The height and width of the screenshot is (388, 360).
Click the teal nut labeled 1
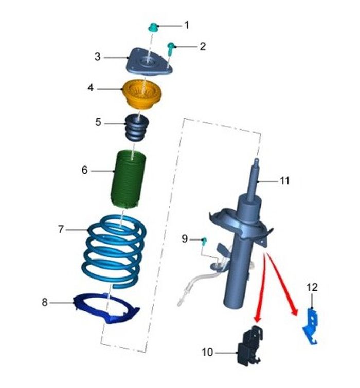153,27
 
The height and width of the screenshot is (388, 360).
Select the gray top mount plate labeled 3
149,61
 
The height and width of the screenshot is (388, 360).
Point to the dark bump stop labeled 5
137,127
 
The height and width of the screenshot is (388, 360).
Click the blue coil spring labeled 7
114,250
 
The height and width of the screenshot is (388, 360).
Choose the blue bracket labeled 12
310,326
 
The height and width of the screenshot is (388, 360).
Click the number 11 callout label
284,181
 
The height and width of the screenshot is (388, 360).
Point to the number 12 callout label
312,288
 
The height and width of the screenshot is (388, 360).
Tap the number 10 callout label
207,353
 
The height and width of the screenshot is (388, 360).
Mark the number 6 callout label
84,170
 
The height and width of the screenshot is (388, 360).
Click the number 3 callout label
98,57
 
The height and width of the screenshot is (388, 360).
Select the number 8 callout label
45,302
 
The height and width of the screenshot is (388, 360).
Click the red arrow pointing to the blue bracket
282,284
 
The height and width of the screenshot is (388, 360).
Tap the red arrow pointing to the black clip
261,288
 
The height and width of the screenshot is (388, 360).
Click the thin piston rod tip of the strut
257,161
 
